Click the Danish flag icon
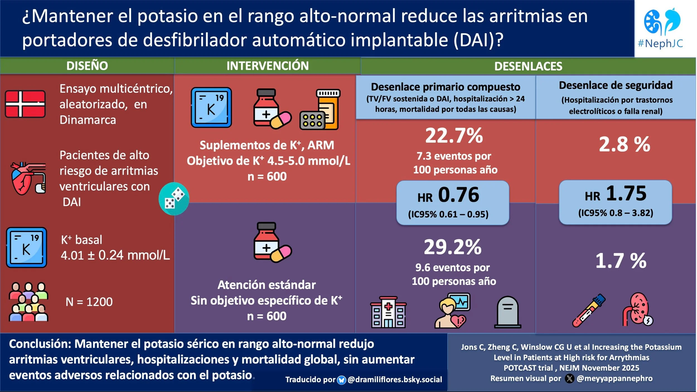[x=25, y=104]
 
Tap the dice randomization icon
[x=174, y=199]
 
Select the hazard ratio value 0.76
[x=458, y=194]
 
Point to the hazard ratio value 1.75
[x=626, y=193]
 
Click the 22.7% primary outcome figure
[x=454, y=136]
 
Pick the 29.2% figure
[x=452, y=247]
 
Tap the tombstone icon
[x=507, y=312]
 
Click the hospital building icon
[x=388, y=312]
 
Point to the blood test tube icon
[x=589, y=310]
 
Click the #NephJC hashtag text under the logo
[x=660, y=43]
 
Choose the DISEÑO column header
[x=87, y=66]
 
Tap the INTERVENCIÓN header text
[x=267, y=66]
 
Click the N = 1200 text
[x=89, y=302]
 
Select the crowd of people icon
[x=28, y=302]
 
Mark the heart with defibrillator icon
[x=28, y=178]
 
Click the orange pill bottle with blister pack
[x=320, y=109]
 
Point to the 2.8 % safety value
[x=625, y=144]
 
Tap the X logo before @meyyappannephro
[x=569, y=379]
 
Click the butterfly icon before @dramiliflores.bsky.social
[x=341, y=380]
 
